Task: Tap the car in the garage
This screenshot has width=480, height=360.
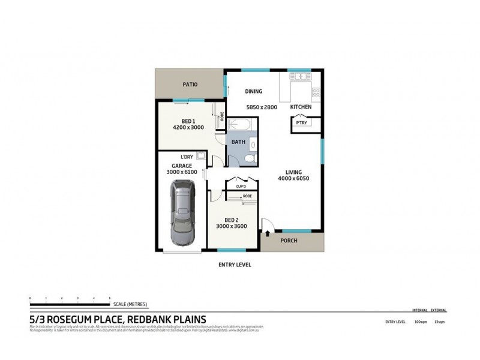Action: [x=184, y=214]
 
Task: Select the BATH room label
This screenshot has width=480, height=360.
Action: [x=239, y=143]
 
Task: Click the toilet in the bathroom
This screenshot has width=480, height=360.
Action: [x=253, y=157]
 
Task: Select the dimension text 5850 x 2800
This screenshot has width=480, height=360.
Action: [x=262, y=107]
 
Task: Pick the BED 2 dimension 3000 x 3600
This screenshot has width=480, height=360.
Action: [x=232, y=227]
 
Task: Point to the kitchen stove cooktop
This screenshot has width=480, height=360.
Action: [x=316, y=92]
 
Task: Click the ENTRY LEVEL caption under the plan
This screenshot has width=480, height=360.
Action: [x=234, y=265]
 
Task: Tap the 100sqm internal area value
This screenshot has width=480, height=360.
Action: [x=419, y=322]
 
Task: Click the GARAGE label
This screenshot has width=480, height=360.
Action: [x=182, y=164]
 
